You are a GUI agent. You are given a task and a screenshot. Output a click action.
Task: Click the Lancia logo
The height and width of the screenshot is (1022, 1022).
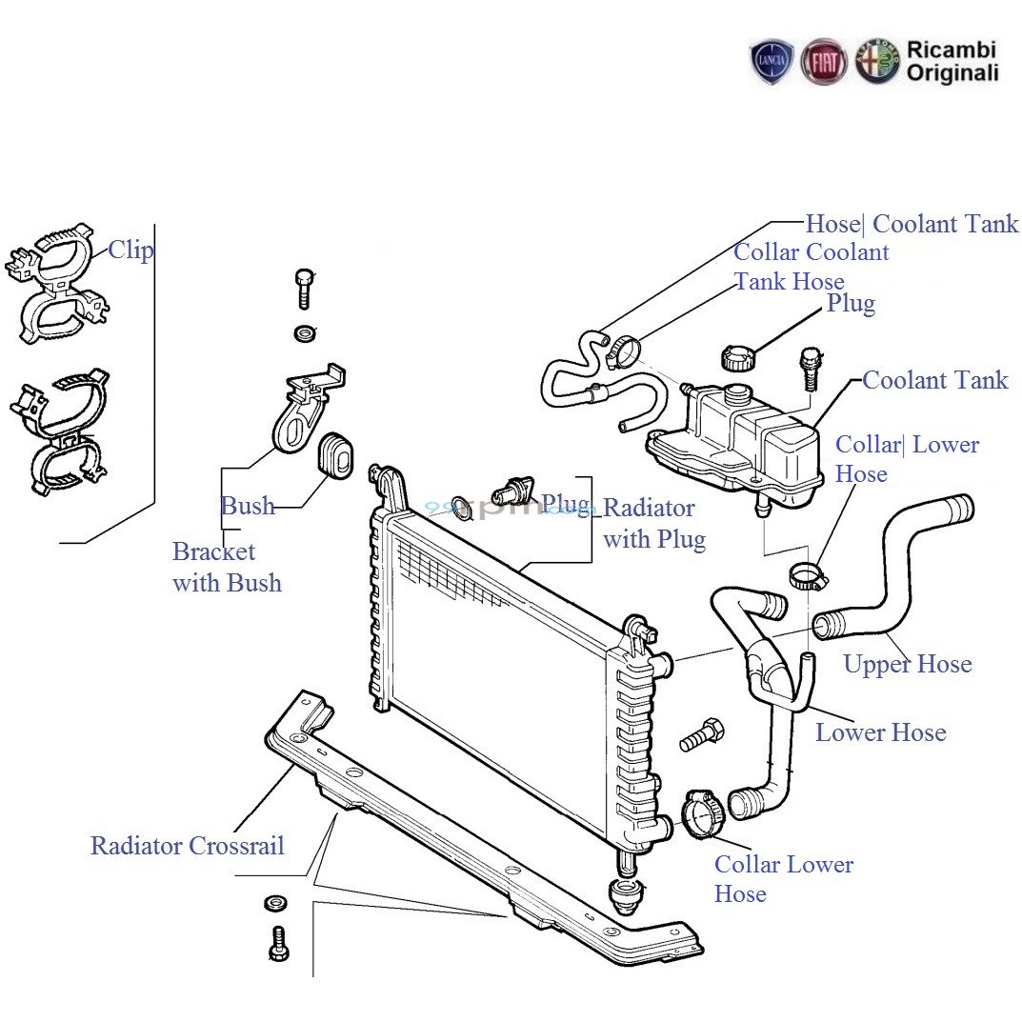(772, 62)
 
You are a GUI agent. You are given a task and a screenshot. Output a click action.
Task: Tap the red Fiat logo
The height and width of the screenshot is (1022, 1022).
(824, 62)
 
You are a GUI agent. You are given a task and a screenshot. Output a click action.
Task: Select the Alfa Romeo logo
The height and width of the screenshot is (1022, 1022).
(876, 62)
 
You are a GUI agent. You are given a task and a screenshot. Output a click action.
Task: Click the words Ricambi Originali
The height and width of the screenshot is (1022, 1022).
(952, 61)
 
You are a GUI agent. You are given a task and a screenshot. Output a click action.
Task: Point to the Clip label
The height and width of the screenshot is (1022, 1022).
(130, 250)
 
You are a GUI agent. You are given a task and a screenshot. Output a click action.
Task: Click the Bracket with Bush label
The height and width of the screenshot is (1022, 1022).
(227, 567)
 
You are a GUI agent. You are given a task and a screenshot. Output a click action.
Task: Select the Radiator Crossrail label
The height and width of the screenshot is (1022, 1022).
(188, 846)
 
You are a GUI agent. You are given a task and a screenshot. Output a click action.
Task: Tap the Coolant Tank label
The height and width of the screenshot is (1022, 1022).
(934, 380)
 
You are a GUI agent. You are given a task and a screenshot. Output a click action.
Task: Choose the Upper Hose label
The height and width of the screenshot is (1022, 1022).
(907, 664)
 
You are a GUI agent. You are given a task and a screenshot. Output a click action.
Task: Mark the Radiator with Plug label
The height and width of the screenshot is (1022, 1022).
(653, 524)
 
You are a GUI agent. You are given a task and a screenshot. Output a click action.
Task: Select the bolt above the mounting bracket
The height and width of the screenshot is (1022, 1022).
(303, 287)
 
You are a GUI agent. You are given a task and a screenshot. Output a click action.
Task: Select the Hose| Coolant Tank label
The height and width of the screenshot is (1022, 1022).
(912, 225)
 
